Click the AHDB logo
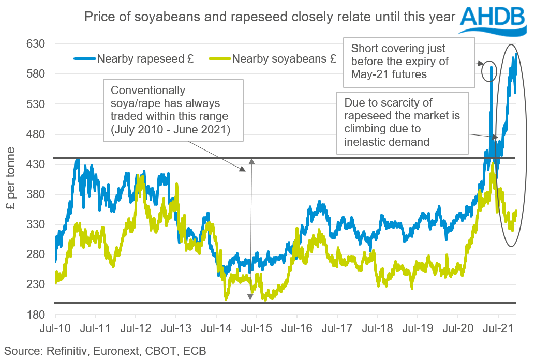[x=494, y=20]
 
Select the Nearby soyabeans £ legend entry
[x=272, y=59]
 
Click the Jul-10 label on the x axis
[x=55, y=327]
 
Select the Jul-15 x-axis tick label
[x=256, y=327]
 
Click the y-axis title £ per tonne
[x=11, y=178]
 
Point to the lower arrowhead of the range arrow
[x=250, y=297]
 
